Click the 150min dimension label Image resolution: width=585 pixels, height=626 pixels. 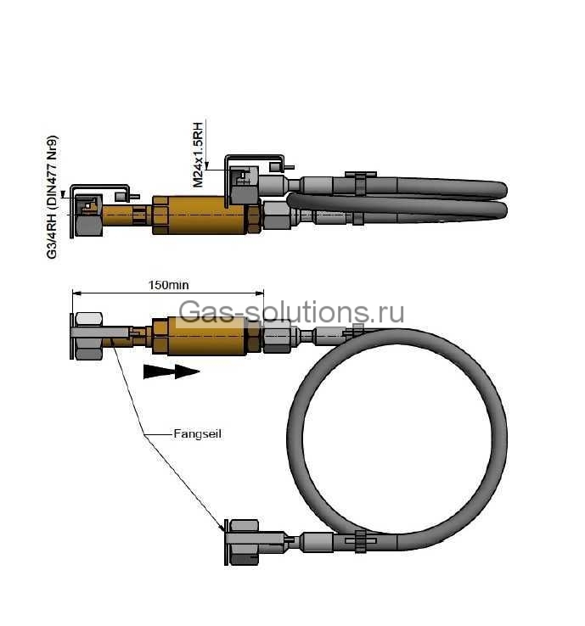tap(168, 285)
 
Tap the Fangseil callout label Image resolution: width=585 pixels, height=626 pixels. tap(197, 433)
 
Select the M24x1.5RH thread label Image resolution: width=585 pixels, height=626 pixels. tap(198, 155)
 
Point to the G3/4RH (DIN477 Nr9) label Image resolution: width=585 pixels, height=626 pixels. tap(52, 198)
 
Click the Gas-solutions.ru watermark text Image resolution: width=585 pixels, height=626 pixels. tap(291, 311)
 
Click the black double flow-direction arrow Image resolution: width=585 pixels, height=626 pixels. tap(172, 372)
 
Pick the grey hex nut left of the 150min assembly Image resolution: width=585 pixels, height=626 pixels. tap(88, 336)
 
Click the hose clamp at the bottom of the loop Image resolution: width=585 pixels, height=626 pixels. tap(361, 541)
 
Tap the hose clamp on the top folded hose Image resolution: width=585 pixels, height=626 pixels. tap(361, 183)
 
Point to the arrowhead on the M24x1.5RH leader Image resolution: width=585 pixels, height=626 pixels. tap(206, 165)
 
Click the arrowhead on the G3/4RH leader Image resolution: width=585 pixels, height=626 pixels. tap(63, 194)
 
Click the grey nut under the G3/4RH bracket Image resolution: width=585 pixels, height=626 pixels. tap(88, 226)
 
